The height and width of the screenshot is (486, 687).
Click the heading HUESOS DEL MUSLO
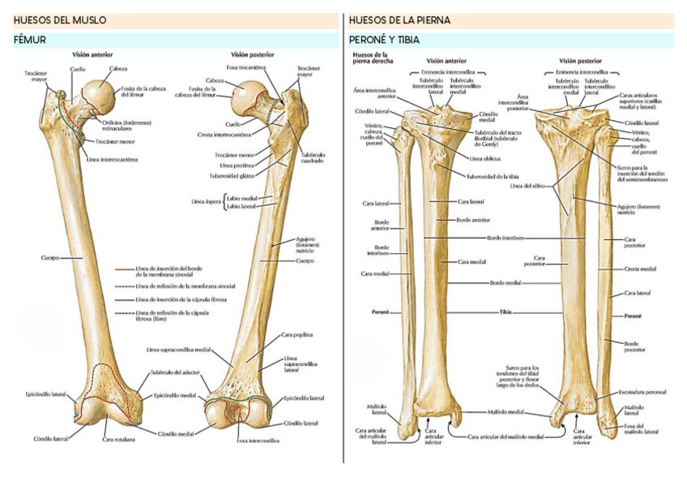pyautogui.click(x=60, y=20)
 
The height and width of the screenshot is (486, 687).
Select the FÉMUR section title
pyautogui.click(x=30, y=39)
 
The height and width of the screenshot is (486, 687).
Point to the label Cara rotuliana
pyautogui.click(x=118, y=440)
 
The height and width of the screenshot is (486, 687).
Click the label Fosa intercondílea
pyautogui.click(x=258, y=440)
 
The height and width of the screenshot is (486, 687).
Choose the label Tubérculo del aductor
pyautogui.click(x=173, y=373)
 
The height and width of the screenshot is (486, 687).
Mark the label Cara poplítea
pyautogui.click(x=297, y=334)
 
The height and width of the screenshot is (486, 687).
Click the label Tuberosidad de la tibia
pyautogui.click(x=493, y=176)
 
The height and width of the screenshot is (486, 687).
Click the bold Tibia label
pyautogui.click(x=506, y=312)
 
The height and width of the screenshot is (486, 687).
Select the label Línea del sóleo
pyautogui.click(x=527, y=186)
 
